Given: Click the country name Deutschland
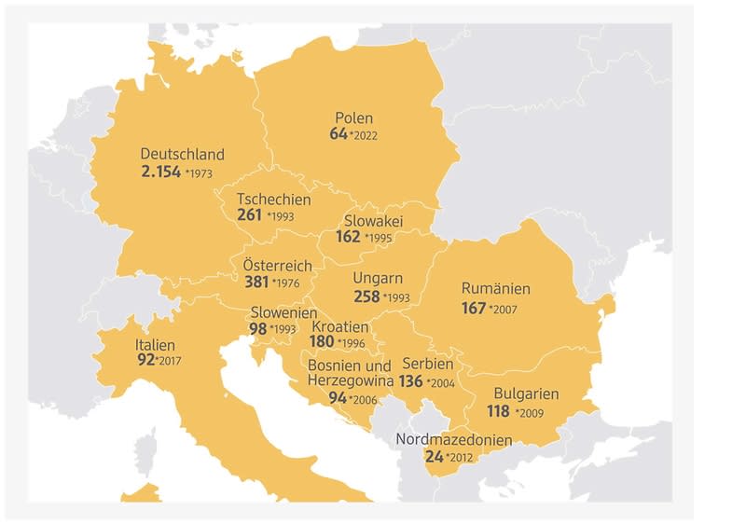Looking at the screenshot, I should coord(182,154).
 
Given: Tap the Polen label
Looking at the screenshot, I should coord(353,118).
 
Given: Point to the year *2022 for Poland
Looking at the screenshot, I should coord(365,136).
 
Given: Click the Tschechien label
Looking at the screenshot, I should coord(273,200).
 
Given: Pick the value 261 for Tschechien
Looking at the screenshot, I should coord(249,216).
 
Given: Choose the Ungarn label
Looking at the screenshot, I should coord(378,278).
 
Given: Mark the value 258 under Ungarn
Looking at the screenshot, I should coord(366,296).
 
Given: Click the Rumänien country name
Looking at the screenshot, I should coord(496,289).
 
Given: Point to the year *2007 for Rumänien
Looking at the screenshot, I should coord(502,309).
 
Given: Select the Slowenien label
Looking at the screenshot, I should coord(283,313).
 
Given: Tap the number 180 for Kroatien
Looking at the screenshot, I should coord(323,342).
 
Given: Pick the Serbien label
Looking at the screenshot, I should coord(427,364).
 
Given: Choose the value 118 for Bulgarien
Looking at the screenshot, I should coord(499,411).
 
